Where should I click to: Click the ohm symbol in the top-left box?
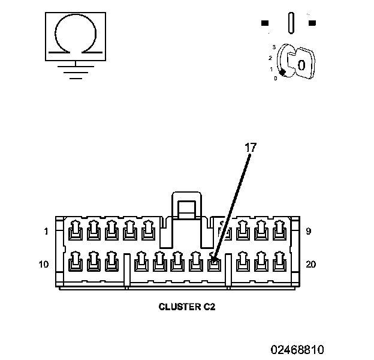[x=74, y=36]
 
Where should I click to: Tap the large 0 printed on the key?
[x=301, y=64]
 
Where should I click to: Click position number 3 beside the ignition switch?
[x=273, y=46]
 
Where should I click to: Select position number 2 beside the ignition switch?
[x=270, y=58]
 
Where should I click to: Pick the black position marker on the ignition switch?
[x=281, y=72]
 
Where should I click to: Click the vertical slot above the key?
[x=291, y=23]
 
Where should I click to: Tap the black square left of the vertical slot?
[x=265, y=23]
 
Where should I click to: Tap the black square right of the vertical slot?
[x=312, y=23]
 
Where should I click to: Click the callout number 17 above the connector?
[x=250, y=146]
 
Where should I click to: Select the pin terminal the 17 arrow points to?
[x=213, y=262]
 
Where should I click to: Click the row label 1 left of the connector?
[x=46, y=231]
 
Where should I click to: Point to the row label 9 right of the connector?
[x=308, y=231]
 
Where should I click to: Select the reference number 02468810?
[x=297, y=349]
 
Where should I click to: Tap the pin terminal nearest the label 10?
[x=75, y=262]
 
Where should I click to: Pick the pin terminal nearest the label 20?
[x=279, y=262]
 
